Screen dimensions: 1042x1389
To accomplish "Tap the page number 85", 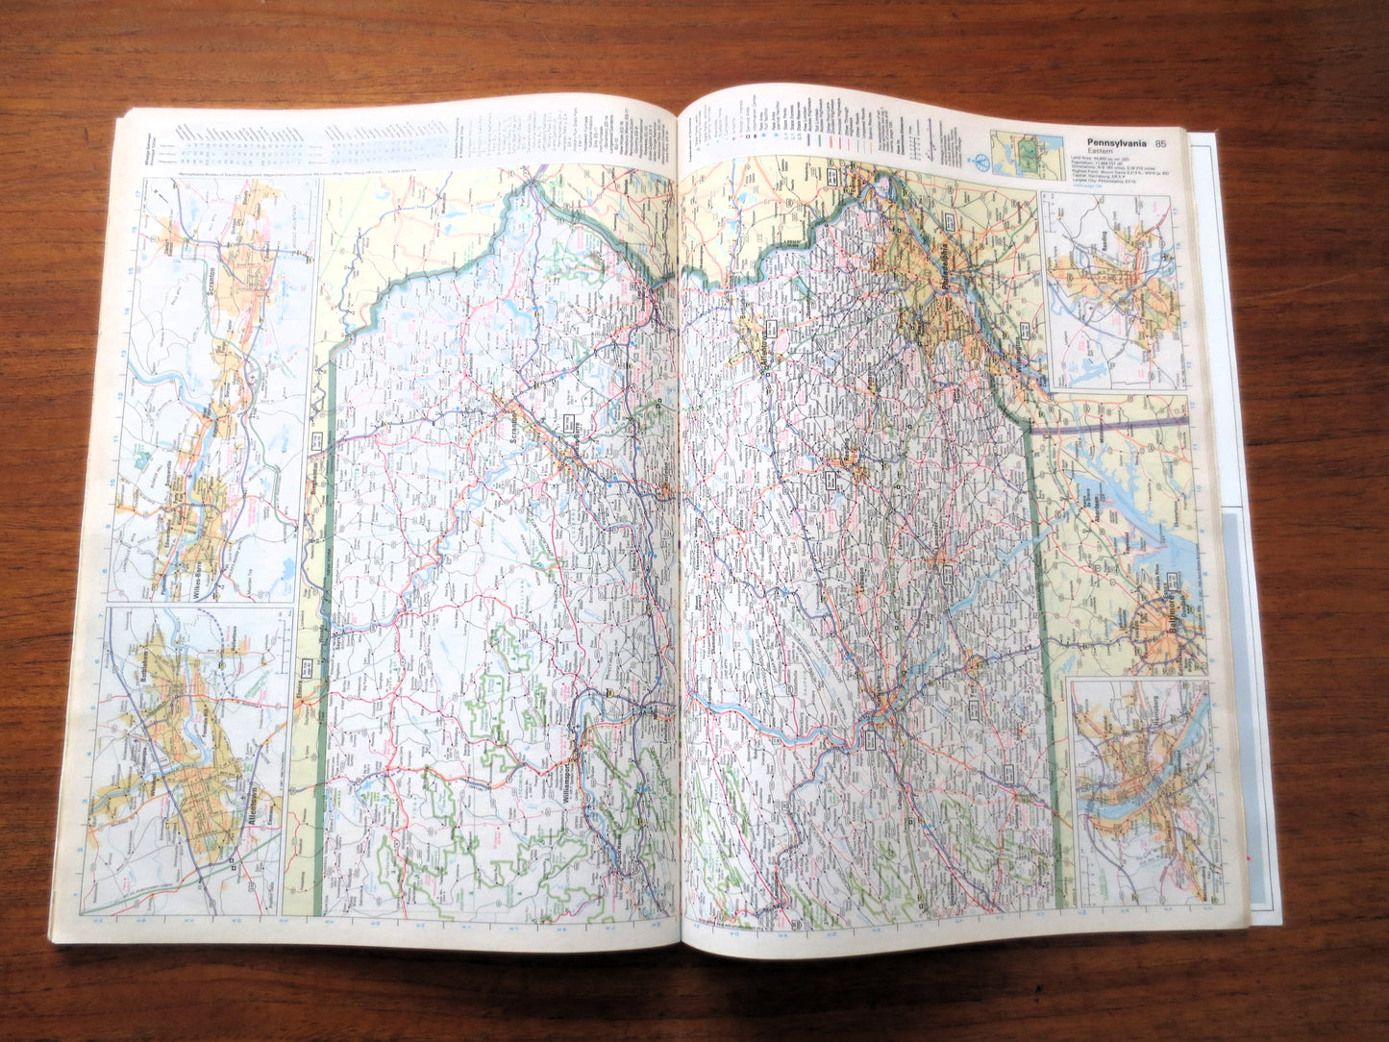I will (1161, 144).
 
